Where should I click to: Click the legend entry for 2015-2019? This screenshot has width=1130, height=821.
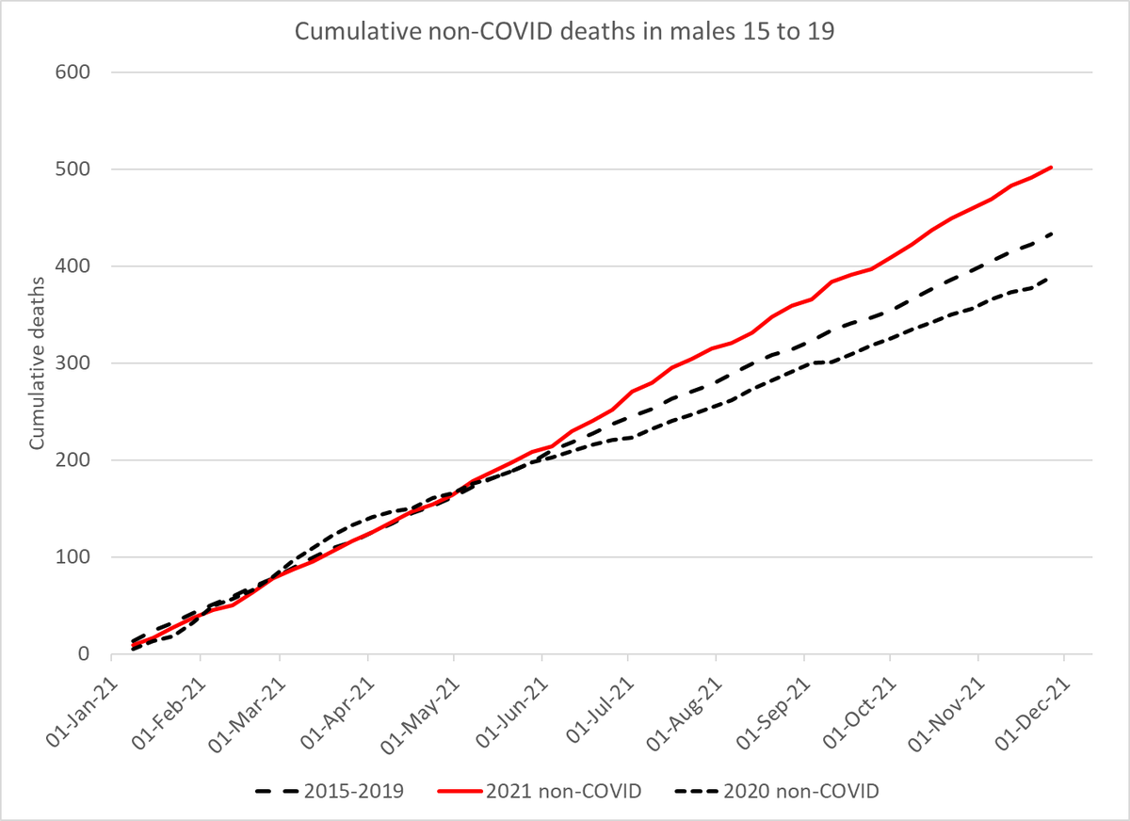330,792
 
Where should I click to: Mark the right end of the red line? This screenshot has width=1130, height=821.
1051,168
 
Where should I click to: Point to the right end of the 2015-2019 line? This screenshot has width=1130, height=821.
1051,233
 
